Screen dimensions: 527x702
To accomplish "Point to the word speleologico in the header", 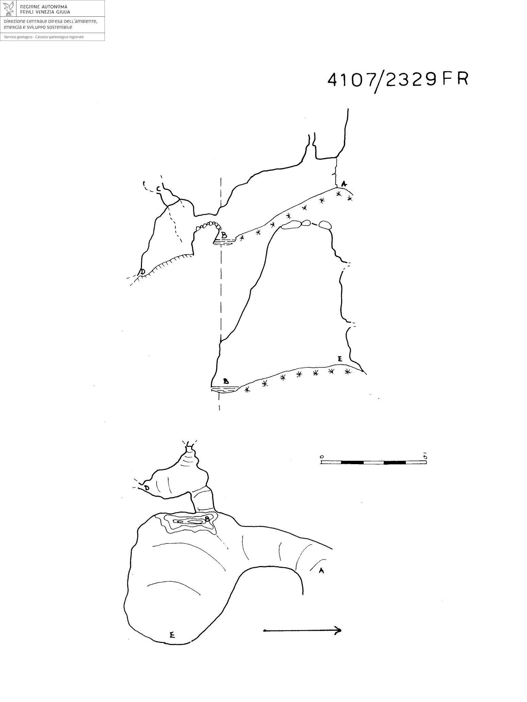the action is [60, 37].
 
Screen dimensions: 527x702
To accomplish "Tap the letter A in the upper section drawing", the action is [344, 184].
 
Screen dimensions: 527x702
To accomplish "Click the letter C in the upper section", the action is [159, 189].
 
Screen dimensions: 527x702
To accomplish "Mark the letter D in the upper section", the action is [142, 272].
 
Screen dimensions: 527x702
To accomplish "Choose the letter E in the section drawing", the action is [339, 358].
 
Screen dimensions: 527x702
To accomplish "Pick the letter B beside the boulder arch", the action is [224, 235].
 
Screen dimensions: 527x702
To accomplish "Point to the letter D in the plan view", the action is [147, 488].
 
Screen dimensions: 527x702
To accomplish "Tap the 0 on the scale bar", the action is [322, 456].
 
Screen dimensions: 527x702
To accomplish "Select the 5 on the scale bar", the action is [425, 456].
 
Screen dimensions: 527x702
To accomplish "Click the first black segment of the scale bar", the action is [352, 462].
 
